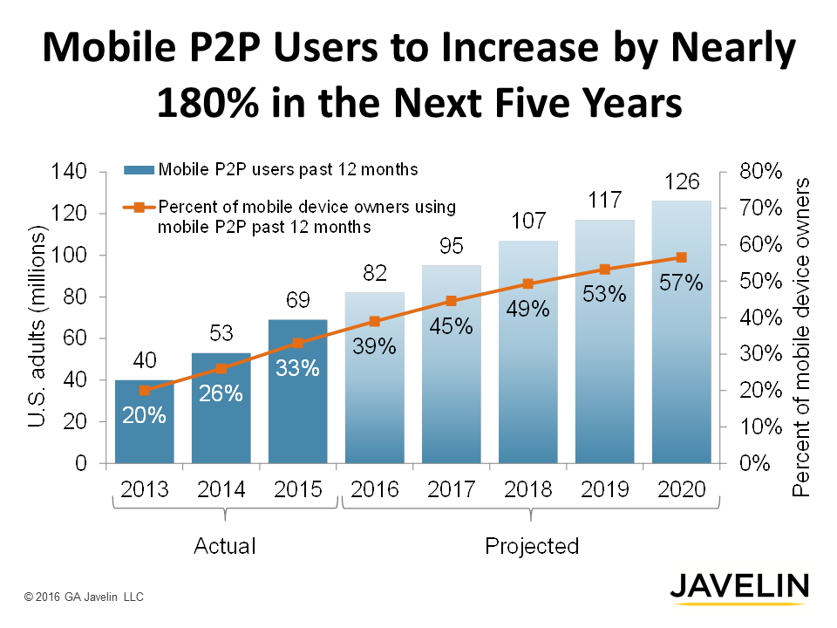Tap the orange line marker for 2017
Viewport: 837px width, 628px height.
tap(452, 301)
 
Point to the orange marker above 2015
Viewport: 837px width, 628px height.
tap(298, 343)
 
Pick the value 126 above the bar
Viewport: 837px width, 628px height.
tap(682, 181)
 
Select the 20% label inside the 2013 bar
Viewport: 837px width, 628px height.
tap(145, 415)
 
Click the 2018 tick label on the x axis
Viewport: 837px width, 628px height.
tap(527, 488)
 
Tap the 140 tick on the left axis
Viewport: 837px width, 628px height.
tap(69, 172)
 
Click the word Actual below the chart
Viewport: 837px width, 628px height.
tap(224, 546)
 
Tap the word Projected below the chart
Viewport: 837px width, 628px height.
tap(531, 546)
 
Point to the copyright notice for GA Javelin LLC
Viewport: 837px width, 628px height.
tap(84, 597)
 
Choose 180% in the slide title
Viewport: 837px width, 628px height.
tap(206, 102)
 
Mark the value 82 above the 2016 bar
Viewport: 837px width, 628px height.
tap(375, 273)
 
